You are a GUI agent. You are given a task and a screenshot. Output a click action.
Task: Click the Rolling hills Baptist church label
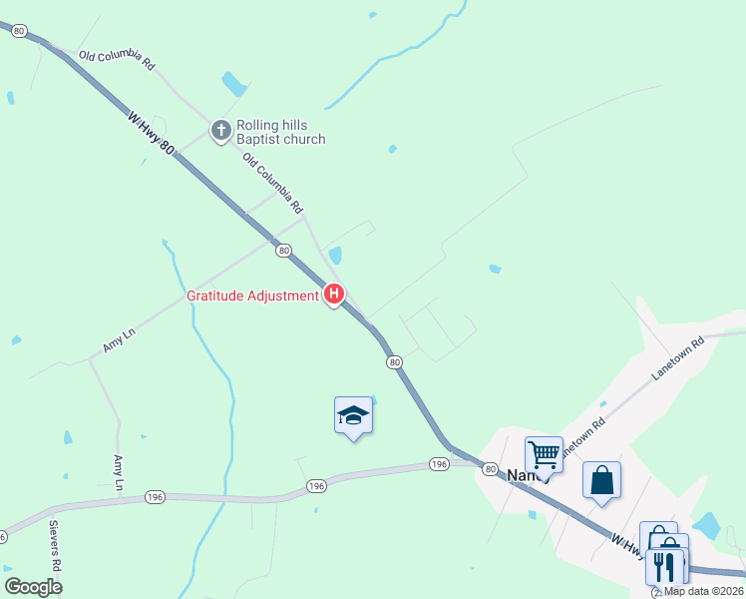point(280,132)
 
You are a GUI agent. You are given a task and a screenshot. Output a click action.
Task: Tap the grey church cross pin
point(221,130)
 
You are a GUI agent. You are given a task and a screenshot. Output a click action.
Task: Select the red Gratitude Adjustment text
point(253,296)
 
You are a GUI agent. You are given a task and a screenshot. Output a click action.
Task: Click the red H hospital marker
point(335,295)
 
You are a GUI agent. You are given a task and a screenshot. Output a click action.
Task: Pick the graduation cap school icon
point(353,414)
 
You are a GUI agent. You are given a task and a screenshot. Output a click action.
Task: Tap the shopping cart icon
point(544,454)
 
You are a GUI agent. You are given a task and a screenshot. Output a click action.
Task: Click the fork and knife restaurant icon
point(664,566)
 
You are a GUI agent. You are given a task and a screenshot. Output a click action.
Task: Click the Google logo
point(33,586)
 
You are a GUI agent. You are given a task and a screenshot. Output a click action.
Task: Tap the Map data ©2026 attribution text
point(703,591)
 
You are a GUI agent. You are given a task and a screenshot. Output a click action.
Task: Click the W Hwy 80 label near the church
point(152,133)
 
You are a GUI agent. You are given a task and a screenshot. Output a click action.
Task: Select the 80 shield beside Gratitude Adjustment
point(284,250)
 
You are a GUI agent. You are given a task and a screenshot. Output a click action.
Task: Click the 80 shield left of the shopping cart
point(490,468)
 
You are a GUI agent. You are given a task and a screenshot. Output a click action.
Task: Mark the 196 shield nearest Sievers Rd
point(154,496)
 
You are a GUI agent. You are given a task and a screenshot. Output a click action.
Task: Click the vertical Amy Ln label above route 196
point(119,472)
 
